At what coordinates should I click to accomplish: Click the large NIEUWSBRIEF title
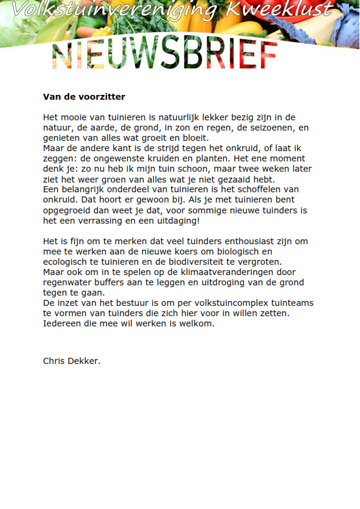[x=165, y=56]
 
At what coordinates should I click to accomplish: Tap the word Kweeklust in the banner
[x=280, y=9]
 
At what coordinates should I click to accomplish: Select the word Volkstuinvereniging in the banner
[x=115, y=9]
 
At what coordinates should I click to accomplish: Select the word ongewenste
[x=114, y=158]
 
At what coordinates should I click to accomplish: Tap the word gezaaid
[x=231, y=179]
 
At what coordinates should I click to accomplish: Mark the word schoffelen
[x=263, y=189]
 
